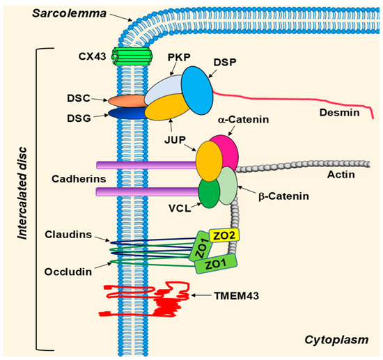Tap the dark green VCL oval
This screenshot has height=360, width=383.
pos(209,193)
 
